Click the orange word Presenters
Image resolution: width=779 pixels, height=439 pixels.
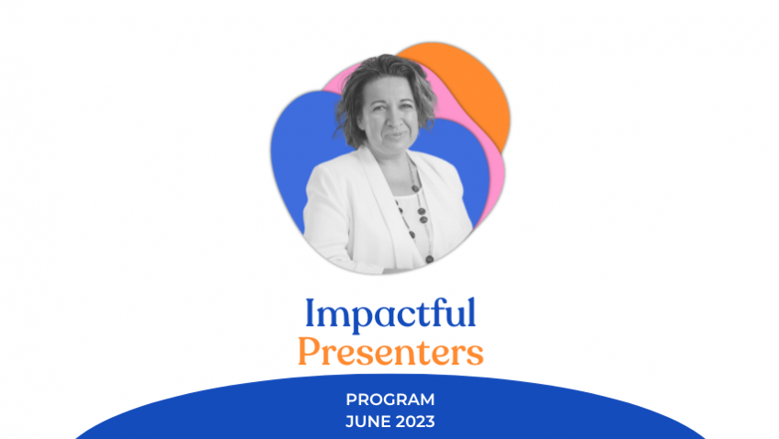(389, 353)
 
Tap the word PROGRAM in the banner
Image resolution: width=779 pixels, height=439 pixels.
(389, 400)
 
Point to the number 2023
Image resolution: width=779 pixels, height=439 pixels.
(414, 422)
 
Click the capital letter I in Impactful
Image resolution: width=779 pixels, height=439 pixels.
(310, 313)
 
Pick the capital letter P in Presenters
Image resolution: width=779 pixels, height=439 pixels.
(307, 351)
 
